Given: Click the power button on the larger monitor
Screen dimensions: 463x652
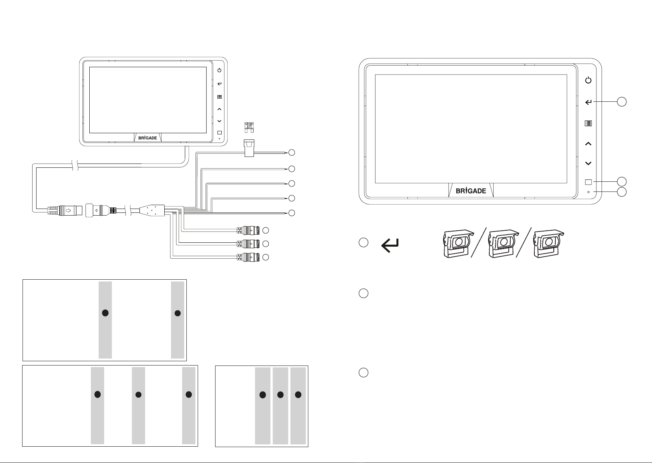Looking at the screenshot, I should click(588, 80).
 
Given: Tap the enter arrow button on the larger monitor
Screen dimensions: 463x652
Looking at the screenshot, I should click(588, 102).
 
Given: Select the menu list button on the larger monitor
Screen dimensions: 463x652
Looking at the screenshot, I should click(588, 124).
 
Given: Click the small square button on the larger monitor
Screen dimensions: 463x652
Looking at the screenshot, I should click(588, 182).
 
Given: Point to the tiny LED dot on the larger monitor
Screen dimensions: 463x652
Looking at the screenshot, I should click(588, 192).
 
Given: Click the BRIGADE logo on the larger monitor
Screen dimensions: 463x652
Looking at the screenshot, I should click(471, 191).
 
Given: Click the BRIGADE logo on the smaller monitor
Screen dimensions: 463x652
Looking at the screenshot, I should click(148, 138).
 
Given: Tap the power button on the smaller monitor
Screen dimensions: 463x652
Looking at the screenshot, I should click(219, 70).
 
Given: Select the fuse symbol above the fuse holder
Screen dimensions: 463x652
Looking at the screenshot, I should click(249, 126).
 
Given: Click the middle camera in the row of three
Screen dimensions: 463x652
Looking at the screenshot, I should click(503, 243).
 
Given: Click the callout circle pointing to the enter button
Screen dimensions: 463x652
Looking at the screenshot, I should click(622, 102).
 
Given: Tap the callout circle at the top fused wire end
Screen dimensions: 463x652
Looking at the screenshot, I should click(292, 153).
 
